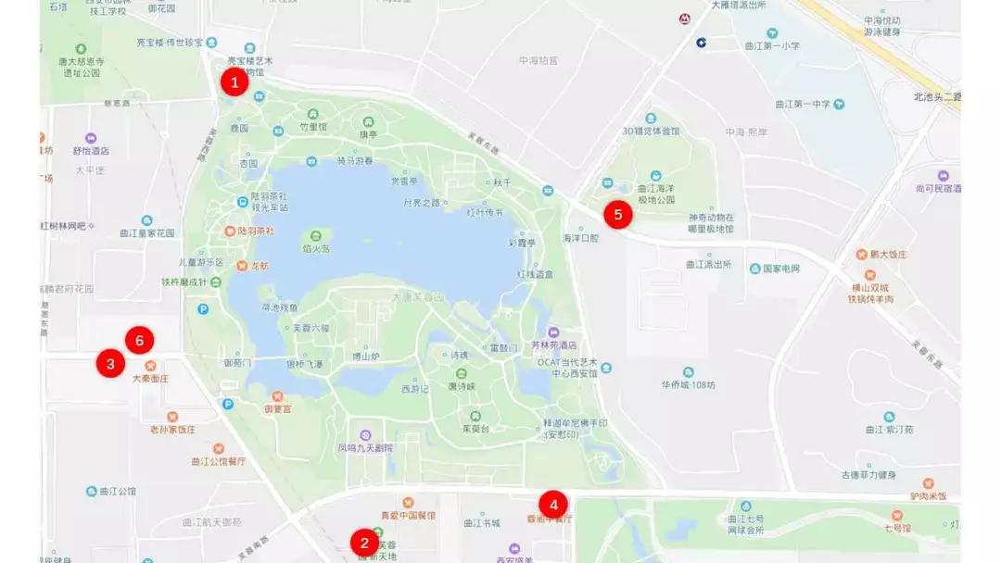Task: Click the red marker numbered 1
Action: pyautogui.click(x=234, y=82)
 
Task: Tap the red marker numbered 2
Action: pyautogui.click(x=364, y=543)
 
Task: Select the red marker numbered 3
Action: pyautogui.click(x=110, y=364)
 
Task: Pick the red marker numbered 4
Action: pyautogui.click(x=553, y=505)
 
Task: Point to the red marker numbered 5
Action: pyautogui.click(x=617, y=215)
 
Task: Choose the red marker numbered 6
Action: pyautogui.click(x=139, y=341)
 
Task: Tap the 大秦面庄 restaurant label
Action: pyautogui.click(x=150, y=378)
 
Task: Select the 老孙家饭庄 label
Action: pyautogui.click(x=173, y=430)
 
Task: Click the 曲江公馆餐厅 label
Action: pyautogui.click(x=219, y=460)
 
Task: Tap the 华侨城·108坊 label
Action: pyautogui.click(x=689, y=383)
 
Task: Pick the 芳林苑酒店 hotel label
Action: pyautogui.click(x=554, y=344)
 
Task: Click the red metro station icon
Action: pyautogui.click(x=684, y=18)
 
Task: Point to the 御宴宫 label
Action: pyautogui.click(x=277, y=407)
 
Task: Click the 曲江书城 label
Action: pyautogui.click(x=482, y=522)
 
